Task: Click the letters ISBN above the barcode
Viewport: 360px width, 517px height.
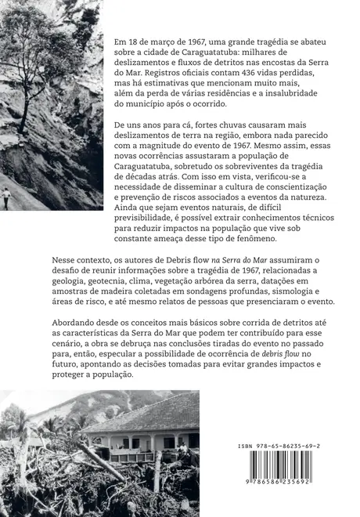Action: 249,445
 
